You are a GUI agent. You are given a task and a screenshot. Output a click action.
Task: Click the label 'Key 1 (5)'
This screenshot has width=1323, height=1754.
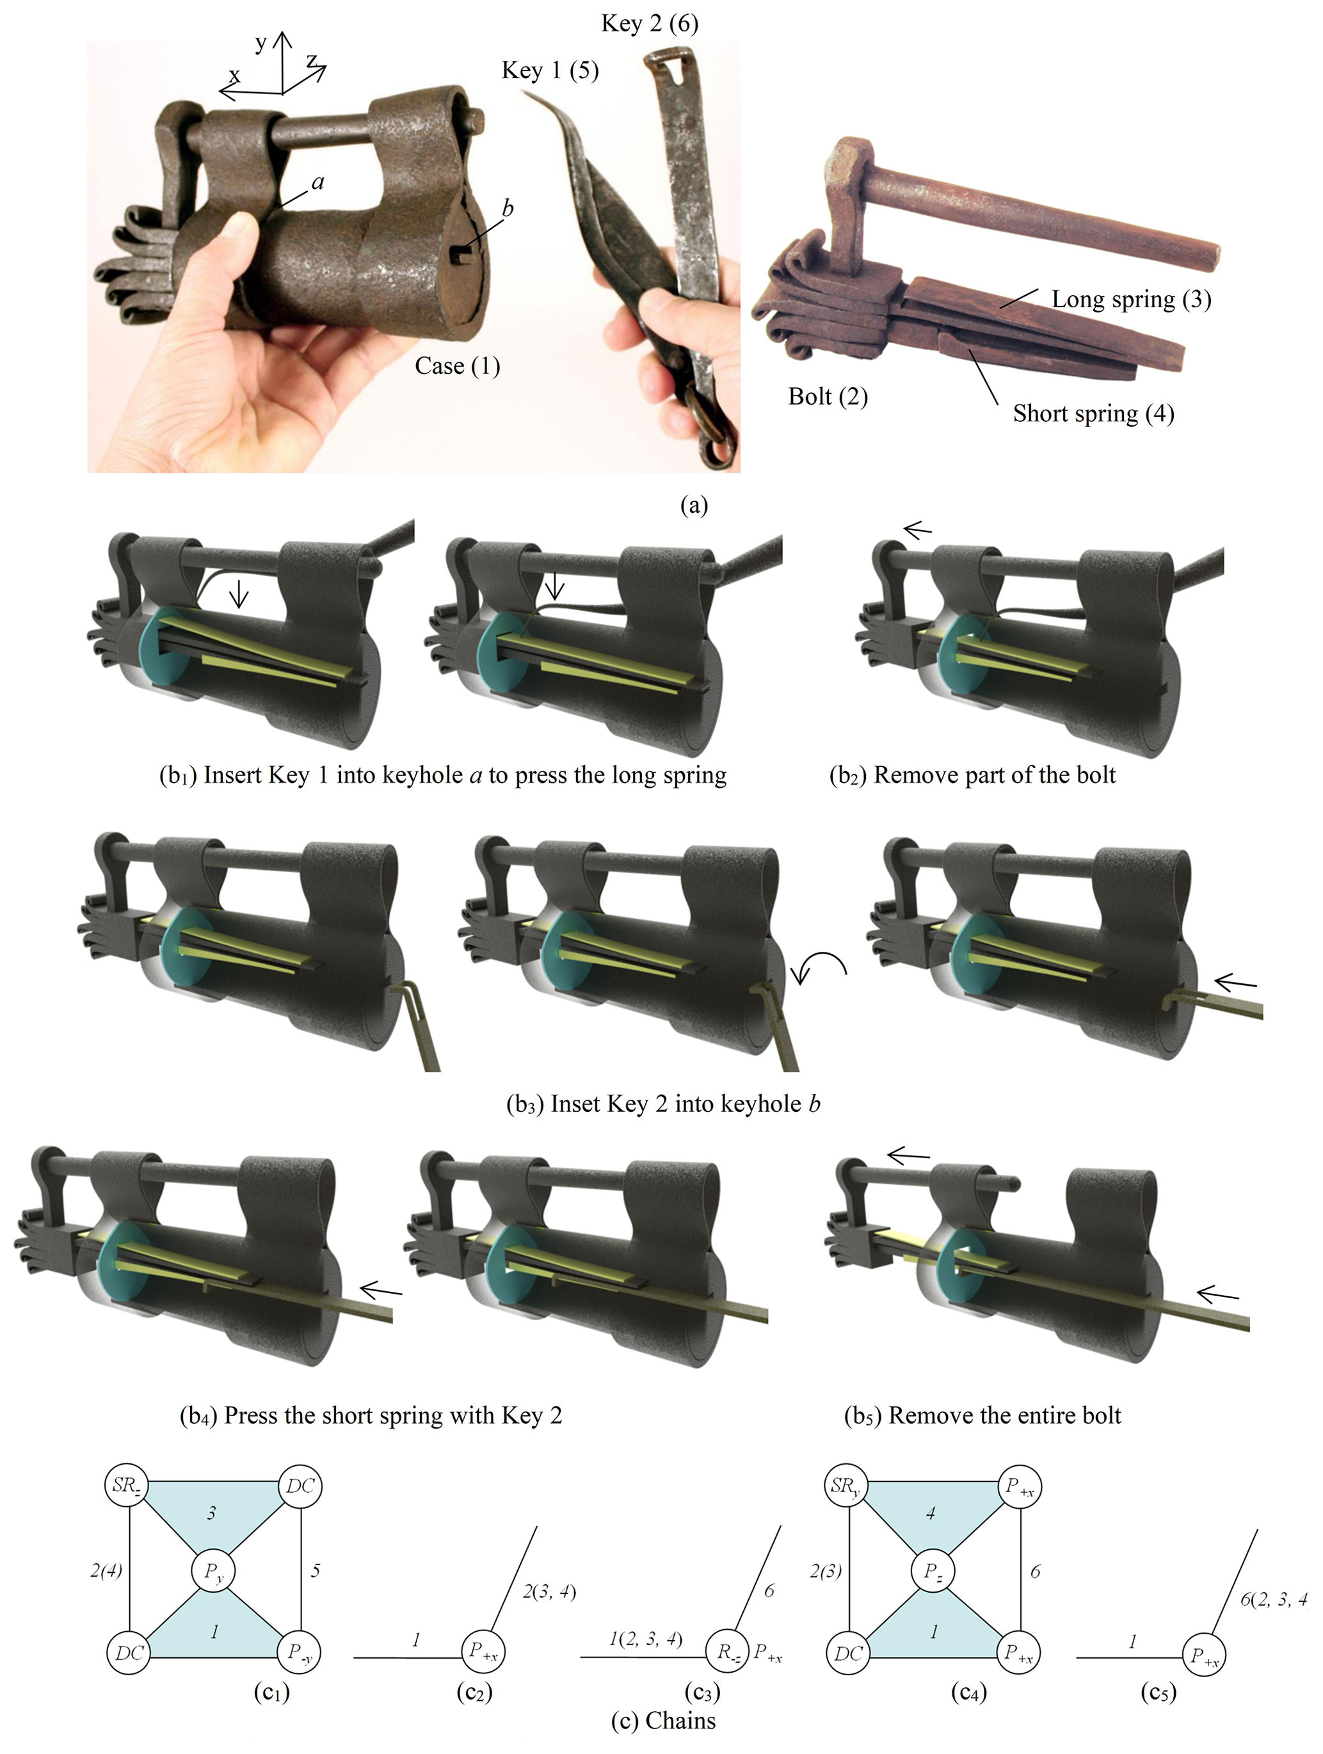(550, 70)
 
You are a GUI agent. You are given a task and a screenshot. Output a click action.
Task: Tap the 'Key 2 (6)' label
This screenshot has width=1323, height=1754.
(650, 23)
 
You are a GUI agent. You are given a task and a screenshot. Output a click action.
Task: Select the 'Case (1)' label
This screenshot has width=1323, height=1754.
(458, 366)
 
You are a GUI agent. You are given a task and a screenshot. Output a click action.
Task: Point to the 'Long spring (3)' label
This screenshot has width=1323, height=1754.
(1131, 299)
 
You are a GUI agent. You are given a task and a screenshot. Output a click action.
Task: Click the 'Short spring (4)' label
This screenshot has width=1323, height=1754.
(1093, 413)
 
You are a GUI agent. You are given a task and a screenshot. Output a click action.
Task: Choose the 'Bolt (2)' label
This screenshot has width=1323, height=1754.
(828, 396)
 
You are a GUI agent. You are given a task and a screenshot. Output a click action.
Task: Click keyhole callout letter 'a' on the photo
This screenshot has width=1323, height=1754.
(318, 182)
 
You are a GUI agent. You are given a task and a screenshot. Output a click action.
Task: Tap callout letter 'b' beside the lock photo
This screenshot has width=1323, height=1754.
(508, 208)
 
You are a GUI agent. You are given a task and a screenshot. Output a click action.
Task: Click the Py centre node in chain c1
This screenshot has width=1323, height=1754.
(214, 1571)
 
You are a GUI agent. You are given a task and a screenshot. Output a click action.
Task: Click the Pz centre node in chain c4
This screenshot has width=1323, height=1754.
(933, 1571)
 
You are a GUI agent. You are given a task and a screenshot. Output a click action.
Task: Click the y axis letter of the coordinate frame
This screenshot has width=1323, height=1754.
(261, 43)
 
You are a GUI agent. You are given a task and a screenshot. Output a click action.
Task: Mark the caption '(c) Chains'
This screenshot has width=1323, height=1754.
(664, 1736)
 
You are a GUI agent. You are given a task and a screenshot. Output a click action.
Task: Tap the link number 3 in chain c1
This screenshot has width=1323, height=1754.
(212, 1513)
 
